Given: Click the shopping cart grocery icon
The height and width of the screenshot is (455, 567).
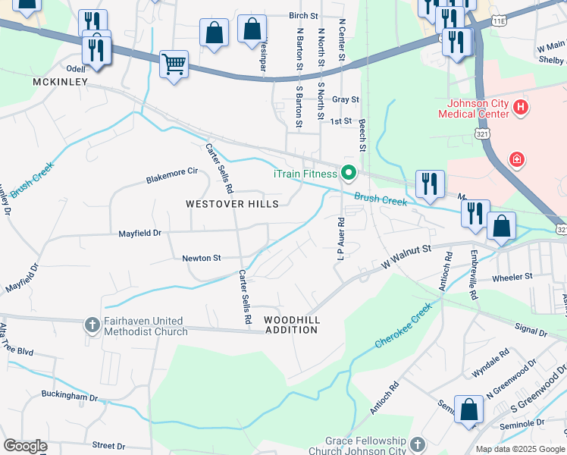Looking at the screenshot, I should coord(174,64).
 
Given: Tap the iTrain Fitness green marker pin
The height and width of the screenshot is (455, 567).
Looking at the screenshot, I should coord(348,174).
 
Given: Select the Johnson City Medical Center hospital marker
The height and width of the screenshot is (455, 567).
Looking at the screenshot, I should coord(520,108).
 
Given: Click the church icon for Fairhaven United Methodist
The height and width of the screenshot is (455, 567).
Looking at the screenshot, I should coord(92,325).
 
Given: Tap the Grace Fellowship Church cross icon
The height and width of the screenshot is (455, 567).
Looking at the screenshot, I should coord(417,443).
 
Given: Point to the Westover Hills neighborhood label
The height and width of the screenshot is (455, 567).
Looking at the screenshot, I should coord(233,204).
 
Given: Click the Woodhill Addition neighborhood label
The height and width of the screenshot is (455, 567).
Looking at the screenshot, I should coord(291,325).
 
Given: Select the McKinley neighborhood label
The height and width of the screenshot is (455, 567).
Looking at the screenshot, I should coord(61,81).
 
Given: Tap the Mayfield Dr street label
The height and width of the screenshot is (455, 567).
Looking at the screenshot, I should coord(140,234).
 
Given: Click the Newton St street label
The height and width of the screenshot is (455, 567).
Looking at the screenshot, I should coord(201,258).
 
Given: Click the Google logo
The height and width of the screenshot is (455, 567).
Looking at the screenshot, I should coord(26,446).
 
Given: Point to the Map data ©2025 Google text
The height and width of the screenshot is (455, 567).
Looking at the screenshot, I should coord(520,449).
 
